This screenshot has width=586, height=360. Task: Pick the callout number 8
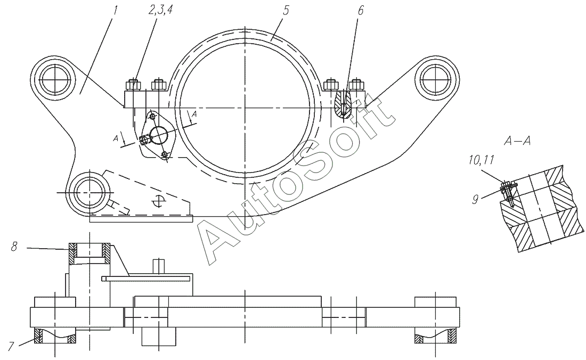14,247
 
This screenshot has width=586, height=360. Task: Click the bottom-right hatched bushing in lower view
452,337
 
